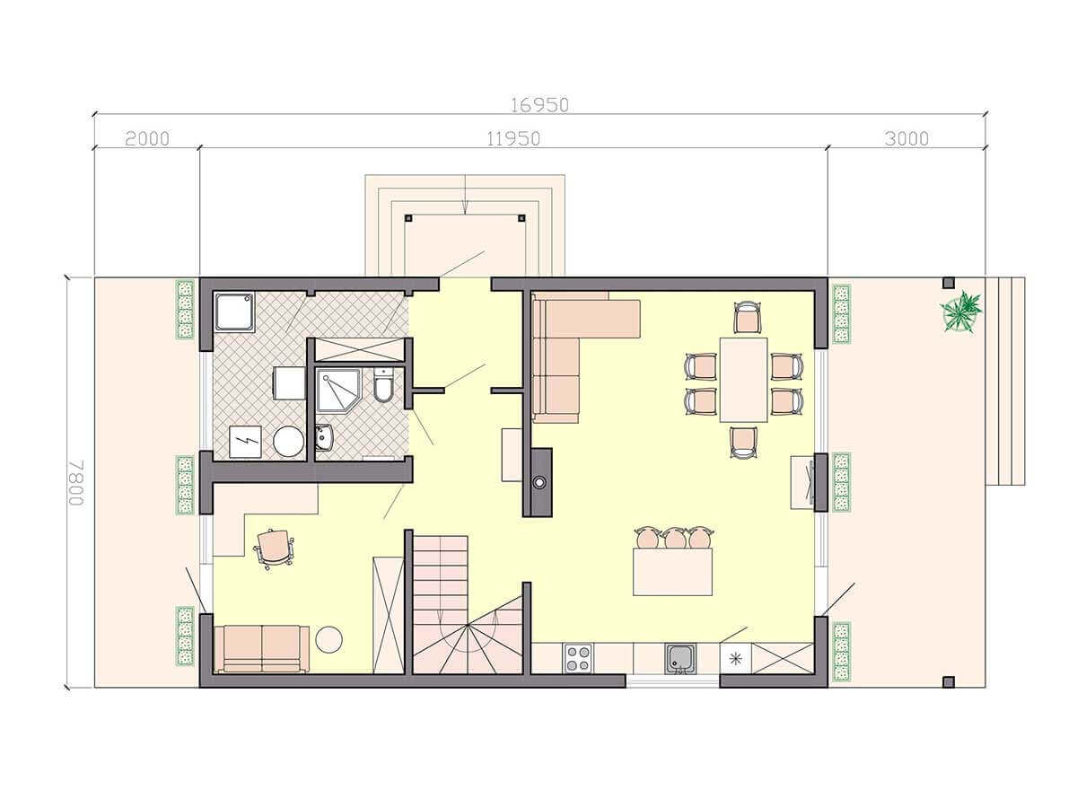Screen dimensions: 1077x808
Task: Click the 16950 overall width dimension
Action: coord(539,105)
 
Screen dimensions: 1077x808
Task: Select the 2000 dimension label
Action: coord(146,139)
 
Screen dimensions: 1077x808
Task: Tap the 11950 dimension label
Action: coord(513,139)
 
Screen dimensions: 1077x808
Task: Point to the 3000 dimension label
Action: coord(906,139)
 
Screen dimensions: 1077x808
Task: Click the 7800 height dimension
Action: coord(76,482)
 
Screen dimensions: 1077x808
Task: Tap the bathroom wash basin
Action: coord(324,437)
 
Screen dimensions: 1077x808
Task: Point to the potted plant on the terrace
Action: coord(961,312)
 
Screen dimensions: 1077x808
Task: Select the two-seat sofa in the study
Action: coord(262,648)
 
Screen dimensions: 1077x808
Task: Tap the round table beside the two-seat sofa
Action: coord(328,639)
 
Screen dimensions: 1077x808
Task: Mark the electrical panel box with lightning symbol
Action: coord(245,442)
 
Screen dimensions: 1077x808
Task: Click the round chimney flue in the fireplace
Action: coord(539,482)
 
